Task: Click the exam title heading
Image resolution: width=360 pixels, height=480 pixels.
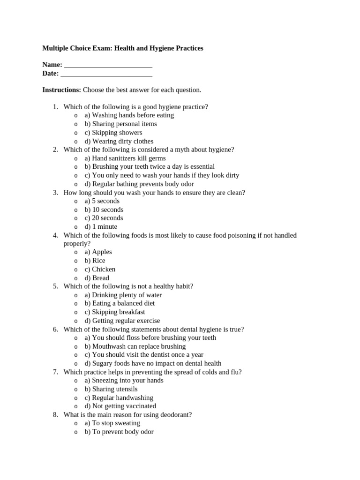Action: (x=123, y=48)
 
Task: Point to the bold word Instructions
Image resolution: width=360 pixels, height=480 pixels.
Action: (x=61, y=90)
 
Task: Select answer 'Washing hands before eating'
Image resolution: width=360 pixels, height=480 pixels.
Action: (x=129, y=115)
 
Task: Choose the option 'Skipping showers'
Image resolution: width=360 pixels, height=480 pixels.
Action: (x=113, y=133)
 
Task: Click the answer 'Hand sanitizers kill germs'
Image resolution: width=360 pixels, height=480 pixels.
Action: (x=125, y=158)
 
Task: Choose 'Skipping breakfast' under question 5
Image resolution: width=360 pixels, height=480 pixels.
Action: (x=115, y=312)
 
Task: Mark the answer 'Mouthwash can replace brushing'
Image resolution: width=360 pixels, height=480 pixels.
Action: (x=135, y=346)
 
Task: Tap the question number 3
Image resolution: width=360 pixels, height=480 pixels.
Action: (x=55, y=193)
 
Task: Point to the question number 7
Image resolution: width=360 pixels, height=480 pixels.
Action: (x=55, y=372)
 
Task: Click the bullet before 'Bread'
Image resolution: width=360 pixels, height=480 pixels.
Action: (x=76, y=278)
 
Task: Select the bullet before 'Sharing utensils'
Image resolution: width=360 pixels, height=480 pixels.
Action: (x=76, y=390)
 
